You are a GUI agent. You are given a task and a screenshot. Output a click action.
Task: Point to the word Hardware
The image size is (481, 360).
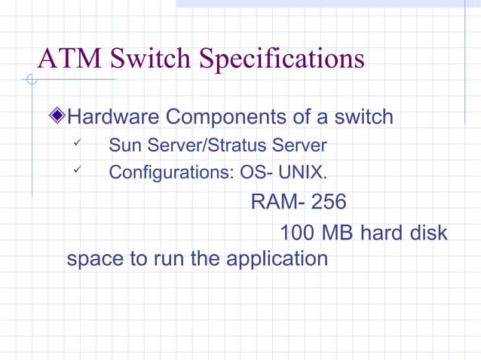tap(112, 117)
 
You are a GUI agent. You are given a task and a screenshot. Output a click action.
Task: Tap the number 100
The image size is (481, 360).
tap(298, 233)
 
